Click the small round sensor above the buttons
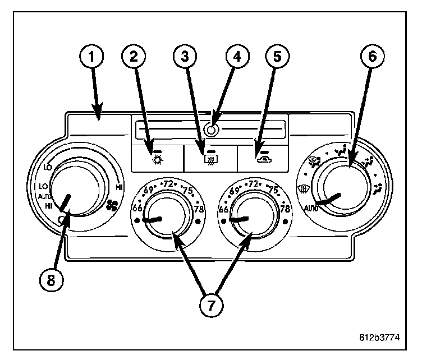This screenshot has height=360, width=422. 211,130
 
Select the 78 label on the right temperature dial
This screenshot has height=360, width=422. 285,209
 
